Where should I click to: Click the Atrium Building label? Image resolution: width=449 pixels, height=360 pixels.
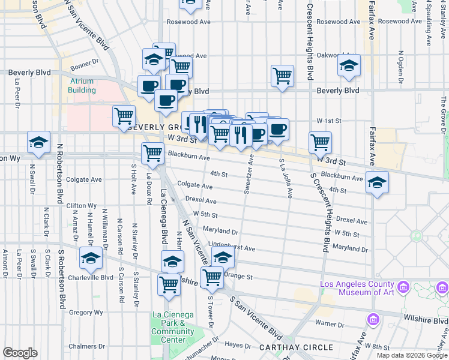click(82, 85)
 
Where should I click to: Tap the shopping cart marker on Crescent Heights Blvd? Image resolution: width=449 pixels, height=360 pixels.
click(320, 143)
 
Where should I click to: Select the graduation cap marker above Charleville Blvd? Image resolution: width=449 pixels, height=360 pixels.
click(91, 259)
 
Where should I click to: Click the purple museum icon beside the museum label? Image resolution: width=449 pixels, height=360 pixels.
click(402, 288)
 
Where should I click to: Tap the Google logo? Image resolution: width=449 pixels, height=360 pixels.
click(20, 353)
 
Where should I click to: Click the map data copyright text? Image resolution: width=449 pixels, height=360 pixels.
click(412, 355)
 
